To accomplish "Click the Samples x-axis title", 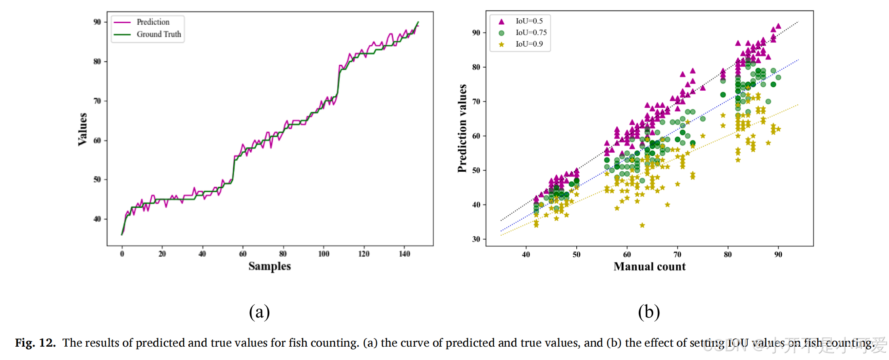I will pyautogui.click(x=269, y=266).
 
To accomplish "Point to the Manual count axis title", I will pyautogui.click(x=649, y=266).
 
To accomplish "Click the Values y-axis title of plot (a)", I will pyautogui.click(x=82, y=129).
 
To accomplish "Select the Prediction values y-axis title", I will pyautogui.click(x=462, y=128).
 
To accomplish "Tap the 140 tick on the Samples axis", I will pyautogui.click(x=404, y=254).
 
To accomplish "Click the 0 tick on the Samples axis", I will pyautogui.click(x=122, y=254).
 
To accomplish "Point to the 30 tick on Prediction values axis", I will pyautogui.click(x=476, y=239).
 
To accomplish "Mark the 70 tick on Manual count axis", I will pyautogui.click(x=677, y=254).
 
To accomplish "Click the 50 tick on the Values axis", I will pyautogui.click(x=97, y=179).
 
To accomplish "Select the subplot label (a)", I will pyautogui.click(x=259, y=312).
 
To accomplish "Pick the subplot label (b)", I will pyautogui.click(x=649, y=312).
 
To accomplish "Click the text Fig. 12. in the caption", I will pyautogui.click(x=35, y=343).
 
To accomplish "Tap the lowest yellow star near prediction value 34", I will pyautogui.click(x=642, y=225).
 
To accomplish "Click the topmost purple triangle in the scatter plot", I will pyautogui.click(x=778, y=26).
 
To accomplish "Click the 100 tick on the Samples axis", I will pyautogui.click(x=324, y=254).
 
